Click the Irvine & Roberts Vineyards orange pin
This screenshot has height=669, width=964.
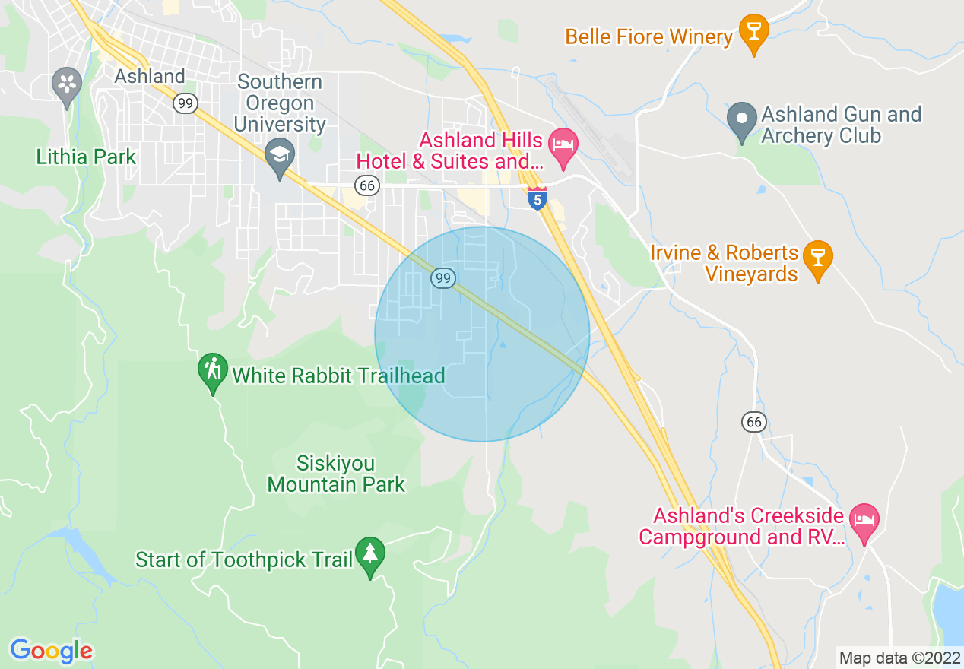click(818, 258)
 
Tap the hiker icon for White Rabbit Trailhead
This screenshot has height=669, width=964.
click(213, 371)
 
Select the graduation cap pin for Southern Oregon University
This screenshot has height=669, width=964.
click(280, 157)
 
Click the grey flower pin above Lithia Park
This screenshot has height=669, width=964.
click(67, 84)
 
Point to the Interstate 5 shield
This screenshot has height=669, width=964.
click(537, 198)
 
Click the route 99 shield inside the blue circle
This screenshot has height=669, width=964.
click(443, 278)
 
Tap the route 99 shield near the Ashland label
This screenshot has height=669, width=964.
click(185, 103)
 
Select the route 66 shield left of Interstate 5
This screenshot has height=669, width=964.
click(367, 185)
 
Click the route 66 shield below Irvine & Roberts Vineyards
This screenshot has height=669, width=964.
click(753, 422)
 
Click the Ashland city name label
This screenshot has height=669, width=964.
click(149, 76)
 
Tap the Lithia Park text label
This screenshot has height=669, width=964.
click(86, 157)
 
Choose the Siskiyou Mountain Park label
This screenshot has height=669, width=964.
click(336, 474)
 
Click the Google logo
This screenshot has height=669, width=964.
click(51, 651)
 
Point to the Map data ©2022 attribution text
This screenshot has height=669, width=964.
click(898, 657)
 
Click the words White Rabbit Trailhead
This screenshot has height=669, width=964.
click(338, 376)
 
